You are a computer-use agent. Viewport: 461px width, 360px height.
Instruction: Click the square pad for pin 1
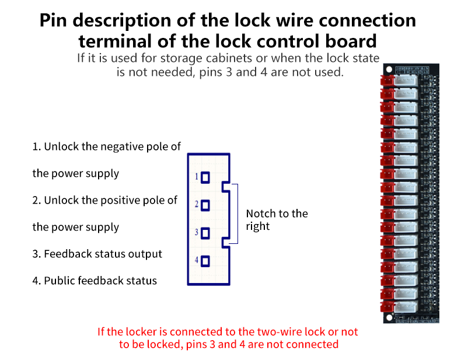coord(205,177)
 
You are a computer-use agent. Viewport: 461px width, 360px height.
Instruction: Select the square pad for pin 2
coord(205,205)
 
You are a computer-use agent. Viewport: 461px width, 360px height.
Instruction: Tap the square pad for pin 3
coord(205,233)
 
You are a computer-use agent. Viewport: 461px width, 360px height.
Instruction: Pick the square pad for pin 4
coord(205,261)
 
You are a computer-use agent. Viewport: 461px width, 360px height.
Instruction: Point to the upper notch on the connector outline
coord(225,187)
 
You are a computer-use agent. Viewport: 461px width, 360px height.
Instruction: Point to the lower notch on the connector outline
coord(225,243)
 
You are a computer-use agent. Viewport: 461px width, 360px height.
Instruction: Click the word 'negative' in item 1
coord(122,146)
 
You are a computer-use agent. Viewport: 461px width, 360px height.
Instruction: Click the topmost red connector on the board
coord(387,81)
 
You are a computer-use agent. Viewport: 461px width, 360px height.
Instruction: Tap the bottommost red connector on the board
coord(387,307)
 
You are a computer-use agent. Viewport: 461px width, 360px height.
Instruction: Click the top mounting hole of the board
coord(389,69)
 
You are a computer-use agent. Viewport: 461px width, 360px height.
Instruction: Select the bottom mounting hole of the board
coord(389,317)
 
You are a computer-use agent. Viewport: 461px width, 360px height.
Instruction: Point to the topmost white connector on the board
coord(406,81)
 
